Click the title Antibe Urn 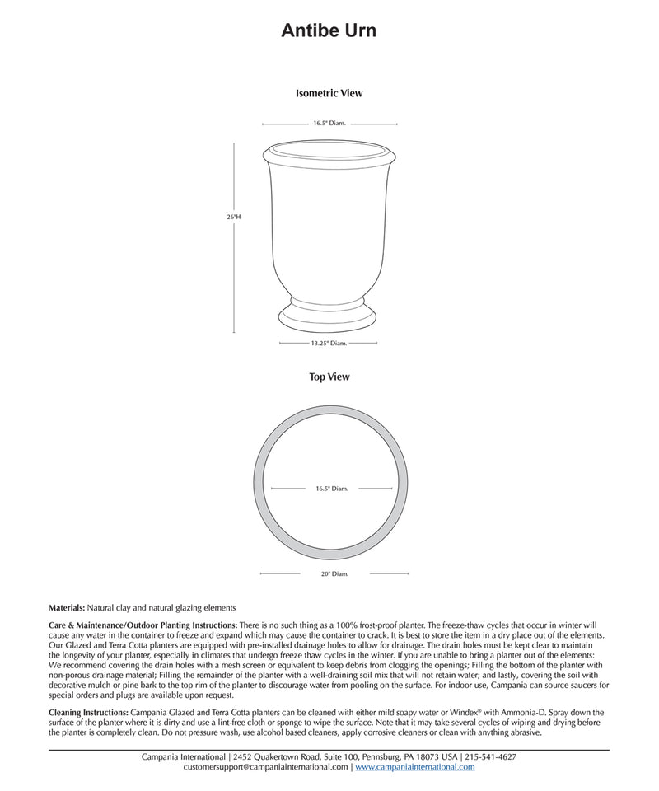pos(329,31)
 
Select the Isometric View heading pos(329,94)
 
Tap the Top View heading pos(329,377)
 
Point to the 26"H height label pos(235,217)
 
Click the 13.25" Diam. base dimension pos(329,343)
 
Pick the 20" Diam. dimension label pos(334,573)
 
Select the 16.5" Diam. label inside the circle pos(332,489)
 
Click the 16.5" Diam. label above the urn pos(329,124)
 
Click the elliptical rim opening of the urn pos(329,151)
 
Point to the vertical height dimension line pos(234,272)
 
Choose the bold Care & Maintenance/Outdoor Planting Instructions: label pos(143,625)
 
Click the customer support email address pos(265,767)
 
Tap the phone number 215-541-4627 pos(491,756)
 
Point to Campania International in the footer pos(184,756)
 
